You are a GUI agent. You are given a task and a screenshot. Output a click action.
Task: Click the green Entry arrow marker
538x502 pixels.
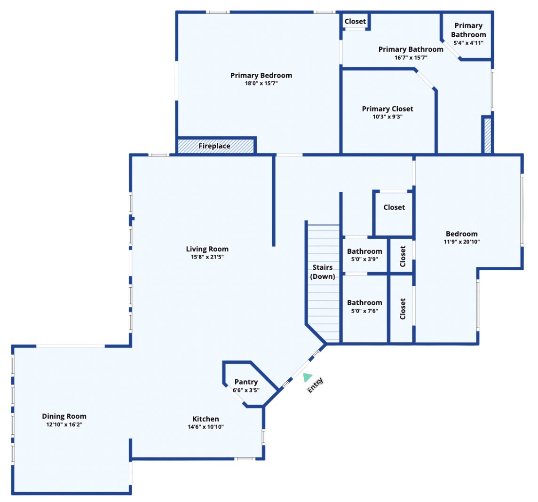(307, 377)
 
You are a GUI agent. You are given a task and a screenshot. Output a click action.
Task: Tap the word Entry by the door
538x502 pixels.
(315, 385)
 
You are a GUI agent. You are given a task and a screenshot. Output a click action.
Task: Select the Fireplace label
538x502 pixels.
(214, 146)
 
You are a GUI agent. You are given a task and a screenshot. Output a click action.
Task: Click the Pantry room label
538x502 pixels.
(246, 382)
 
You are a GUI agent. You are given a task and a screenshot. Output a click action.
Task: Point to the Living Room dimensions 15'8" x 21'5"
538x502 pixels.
(207, 257)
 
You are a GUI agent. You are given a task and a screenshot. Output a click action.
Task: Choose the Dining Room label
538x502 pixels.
(64, 416)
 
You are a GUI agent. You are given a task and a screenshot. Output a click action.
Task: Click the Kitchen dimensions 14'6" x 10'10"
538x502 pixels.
(206, 427)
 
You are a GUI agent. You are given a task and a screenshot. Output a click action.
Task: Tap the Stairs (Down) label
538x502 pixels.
(323, 272)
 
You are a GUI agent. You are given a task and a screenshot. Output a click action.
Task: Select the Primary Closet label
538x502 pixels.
(388, 109)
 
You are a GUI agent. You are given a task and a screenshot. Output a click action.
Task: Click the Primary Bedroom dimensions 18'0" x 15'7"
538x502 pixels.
(261, 83)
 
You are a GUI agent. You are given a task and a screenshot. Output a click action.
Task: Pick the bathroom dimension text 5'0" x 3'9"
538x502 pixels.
(364, 259)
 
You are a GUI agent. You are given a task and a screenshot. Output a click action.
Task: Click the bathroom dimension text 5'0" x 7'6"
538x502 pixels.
(364, 311)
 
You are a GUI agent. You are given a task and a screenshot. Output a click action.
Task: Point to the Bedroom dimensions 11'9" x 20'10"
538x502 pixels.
(461, 242)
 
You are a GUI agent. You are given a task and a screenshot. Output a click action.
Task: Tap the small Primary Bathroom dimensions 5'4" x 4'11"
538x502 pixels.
(468, 43)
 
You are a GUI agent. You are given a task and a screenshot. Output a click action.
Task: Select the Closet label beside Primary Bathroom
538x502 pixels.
(355, 21)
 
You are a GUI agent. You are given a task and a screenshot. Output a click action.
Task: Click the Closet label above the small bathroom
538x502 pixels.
(394, 207)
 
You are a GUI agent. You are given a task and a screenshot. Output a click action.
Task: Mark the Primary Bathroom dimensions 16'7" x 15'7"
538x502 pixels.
(411, 58)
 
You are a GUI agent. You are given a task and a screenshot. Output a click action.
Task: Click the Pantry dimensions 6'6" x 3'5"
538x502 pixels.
(246, 390)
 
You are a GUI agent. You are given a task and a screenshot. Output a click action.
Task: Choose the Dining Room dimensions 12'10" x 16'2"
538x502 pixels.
(64, 424)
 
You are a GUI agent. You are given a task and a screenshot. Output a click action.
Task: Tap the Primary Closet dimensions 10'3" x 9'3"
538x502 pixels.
(388, 117)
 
